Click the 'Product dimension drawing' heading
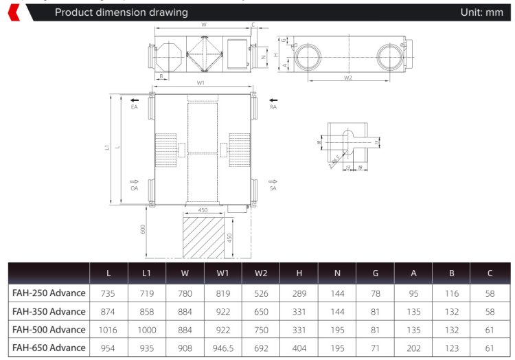(121, 12)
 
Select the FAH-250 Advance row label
(49, 293)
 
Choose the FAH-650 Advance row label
(49, 348)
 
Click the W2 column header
(261, 273)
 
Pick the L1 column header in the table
(146, 273)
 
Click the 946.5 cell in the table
(223, 348)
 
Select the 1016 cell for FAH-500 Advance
(108, 330)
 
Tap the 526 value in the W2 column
(261, 293)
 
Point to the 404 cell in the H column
(299, 348)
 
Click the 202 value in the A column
(413, 348)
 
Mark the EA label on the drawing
(135, 107)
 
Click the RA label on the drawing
(273, 107)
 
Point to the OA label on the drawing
(135, 188)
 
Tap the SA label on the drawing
(273, 188)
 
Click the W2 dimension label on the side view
(347, 78)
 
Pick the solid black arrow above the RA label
(273, 100)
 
